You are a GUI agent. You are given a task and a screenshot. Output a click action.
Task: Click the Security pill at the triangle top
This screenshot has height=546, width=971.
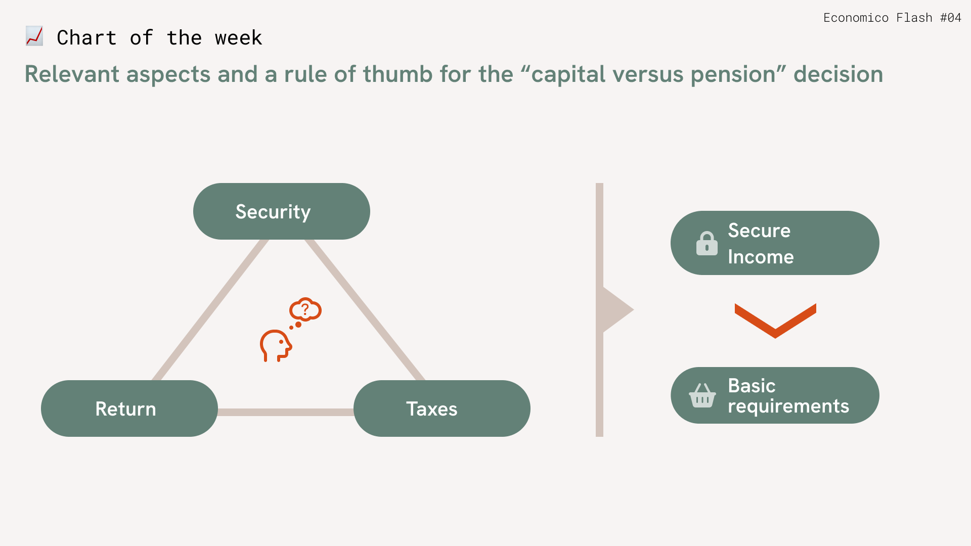pyautogui.click(x=282, y=211)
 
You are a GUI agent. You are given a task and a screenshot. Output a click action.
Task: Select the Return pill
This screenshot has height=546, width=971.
pyautogui.click(x=129, y=408)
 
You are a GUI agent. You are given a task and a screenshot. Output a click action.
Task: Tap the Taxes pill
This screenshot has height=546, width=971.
pyautogui.click(x=442, y=408)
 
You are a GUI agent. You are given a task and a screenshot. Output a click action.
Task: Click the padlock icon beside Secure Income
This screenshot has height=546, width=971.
pyautogui.click(x=707, y=243)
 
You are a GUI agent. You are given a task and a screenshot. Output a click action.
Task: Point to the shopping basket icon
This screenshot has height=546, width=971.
pyautogui.click(x=702, y=395)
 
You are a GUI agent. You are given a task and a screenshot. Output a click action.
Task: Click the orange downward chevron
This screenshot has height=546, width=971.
pyautogui.click(x=775, y=321)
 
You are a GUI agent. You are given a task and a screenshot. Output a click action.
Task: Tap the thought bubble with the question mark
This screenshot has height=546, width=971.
pyautogui.click(x=305, y=309)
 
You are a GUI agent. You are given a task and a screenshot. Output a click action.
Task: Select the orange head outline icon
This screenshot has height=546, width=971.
pyautogui.click(x=276, y=346)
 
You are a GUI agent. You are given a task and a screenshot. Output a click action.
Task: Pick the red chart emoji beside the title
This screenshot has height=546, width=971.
pyautogui.click(x=34, y=36)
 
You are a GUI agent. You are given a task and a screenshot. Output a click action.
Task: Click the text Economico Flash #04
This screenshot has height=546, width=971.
pyautogui.click(x=892, y=18)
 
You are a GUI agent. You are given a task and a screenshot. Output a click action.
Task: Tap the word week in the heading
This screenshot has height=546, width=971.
pyautogui.click(x=238, y=38)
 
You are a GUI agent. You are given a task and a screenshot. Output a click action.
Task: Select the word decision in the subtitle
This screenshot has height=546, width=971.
pyautogui.click(x=838, y=74)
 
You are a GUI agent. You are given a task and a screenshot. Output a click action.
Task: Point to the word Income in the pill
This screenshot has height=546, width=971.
pyautogui.click(x=761, y=257)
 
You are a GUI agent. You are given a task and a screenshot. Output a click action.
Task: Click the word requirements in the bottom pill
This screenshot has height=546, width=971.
pyautogui.click(x=788, y=406)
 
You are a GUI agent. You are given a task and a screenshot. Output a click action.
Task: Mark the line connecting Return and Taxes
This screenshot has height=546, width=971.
pyautogui.click(x=286, y=412)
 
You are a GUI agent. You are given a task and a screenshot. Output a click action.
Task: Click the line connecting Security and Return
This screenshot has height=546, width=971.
pyautogui.click(x=210, y=310)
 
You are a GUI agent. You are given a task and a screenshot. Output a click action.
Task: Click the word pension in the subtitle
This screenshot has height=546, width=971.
pyautogui.click(x=733, y=74)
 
